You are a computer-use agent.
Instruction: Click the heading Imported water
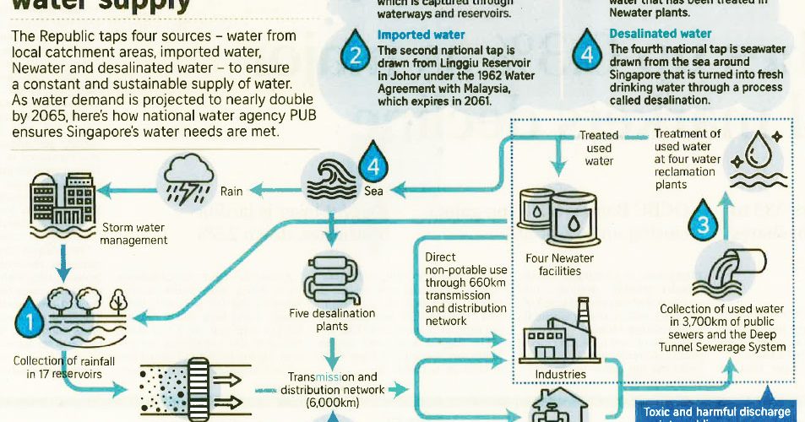click(421, 35)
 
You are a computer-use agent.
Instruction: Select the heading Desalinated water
click(660, 34)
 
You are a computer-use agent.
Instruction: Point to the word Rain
click(231, 192)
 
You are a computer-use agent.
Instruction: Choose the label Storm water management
click(133, 234)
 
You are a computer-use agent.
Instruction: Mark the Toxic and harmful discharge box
click(716, 413)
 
